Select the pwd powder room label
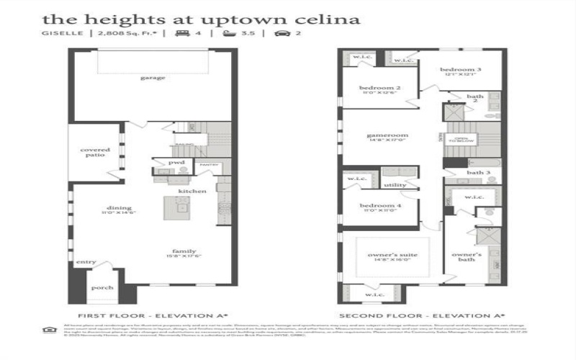(x=176, y=163)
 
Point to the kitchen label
(x=193, y=191)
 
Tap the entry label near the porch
(x=85, y=262)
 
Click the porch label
(x=103, y=287)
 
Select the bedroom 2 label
(x=379, y=88)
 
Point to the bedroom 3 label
(x=460, y=68)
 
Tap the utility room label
(x=395, y=185)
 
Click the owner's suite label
(x=392, y=255)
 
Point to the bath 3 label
(x=478, y=173)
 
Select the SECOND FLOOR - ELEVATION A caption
(x=420, y=315)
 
